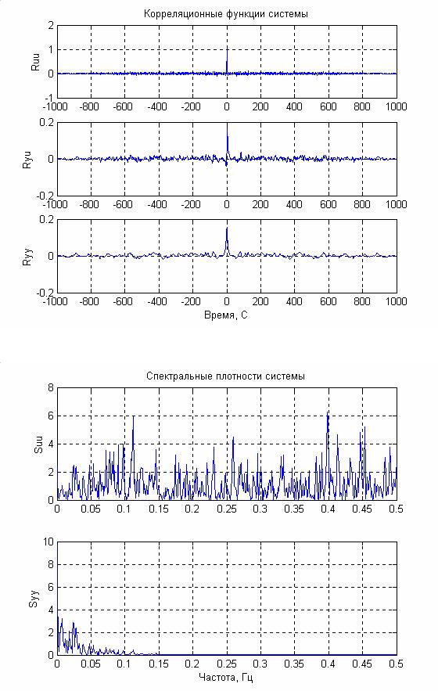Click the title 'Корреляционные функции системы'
tap(225, 14)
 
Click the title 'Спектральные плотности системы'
tap(225, 376)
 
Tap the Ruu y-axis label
tap(36, 62)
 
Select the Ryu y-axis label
tap(27, 160)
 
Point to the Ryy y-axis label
tap(27, 257)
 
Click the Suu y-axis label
tap(39, 444)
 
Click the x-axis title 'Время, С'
tap(226, 315)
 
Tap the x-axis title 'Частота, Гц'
tap(226, 678)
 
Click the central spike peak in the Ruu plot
tap(227, 47)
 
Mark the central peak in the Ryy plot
tap(227, 228)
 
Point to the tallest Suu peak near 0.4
tap(328, 412)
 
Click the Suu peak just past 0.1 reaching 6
tap(133, 416)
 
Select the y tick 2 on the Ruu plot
tap(51, 26)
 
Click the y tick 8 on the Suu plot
tap(51, 388)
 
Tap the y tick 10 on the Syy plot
tap(48, 542)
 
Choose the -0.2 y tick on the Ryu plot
tap(45, 195)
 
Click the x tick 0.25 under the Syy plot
tap(227, 664)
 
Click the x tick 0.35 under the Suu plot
tap(294, 509)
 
